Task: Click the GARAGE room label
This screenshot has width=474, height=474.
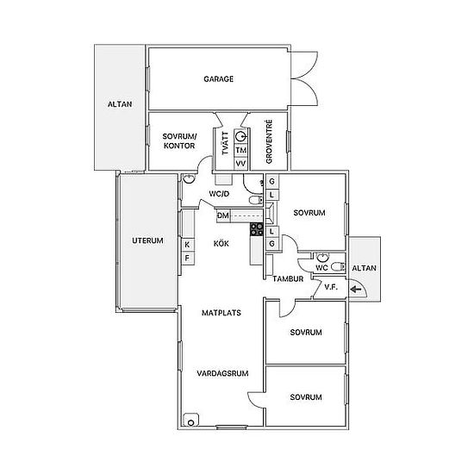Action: coord(218,79)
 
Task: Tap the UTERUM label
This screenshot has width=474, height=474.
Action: coord(147,240)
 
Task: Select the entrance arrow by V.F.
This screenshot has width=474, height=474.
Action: coord(356,290)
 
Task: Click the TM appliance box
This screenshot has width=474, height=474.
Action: coord(241,150)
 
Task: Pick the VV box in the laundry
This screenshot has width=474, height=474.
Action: coord(241,164)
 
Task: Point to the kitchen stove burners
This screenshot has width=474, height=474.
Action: coord(256,229)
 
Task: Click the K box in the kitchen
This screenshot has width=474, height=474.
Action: coord(187,245)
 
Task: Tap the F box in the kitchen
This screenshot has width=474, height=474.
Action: coord(187,259)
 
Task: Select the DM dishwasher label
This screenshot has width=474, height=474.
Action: coord(223,215)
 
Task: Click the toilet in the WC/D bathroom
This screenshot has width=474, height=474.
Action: coord(256,200)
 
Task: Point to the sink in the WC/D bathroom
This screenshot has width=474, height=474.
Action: coord(189,178)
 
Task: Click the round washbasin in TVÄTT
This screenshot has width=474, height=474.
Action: coord(241,137)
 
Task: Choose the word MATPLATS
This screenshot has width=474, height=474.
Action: coord(221,313)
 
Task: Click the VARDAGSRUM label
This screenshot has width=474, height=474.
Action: coord(222,373)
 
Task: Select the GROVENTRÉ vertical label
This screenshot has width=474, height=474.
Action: coord(269,141)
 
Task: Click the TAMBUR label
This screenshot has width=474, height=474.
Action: coord(288,278)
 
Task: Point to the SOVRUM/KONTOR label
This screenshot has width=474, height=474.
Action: coord(179,140)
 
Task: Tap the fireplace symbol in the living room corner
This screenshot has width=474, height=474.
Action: coord(191,420)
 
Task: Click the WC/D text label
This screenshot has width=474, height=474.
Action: coord(219,194)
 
